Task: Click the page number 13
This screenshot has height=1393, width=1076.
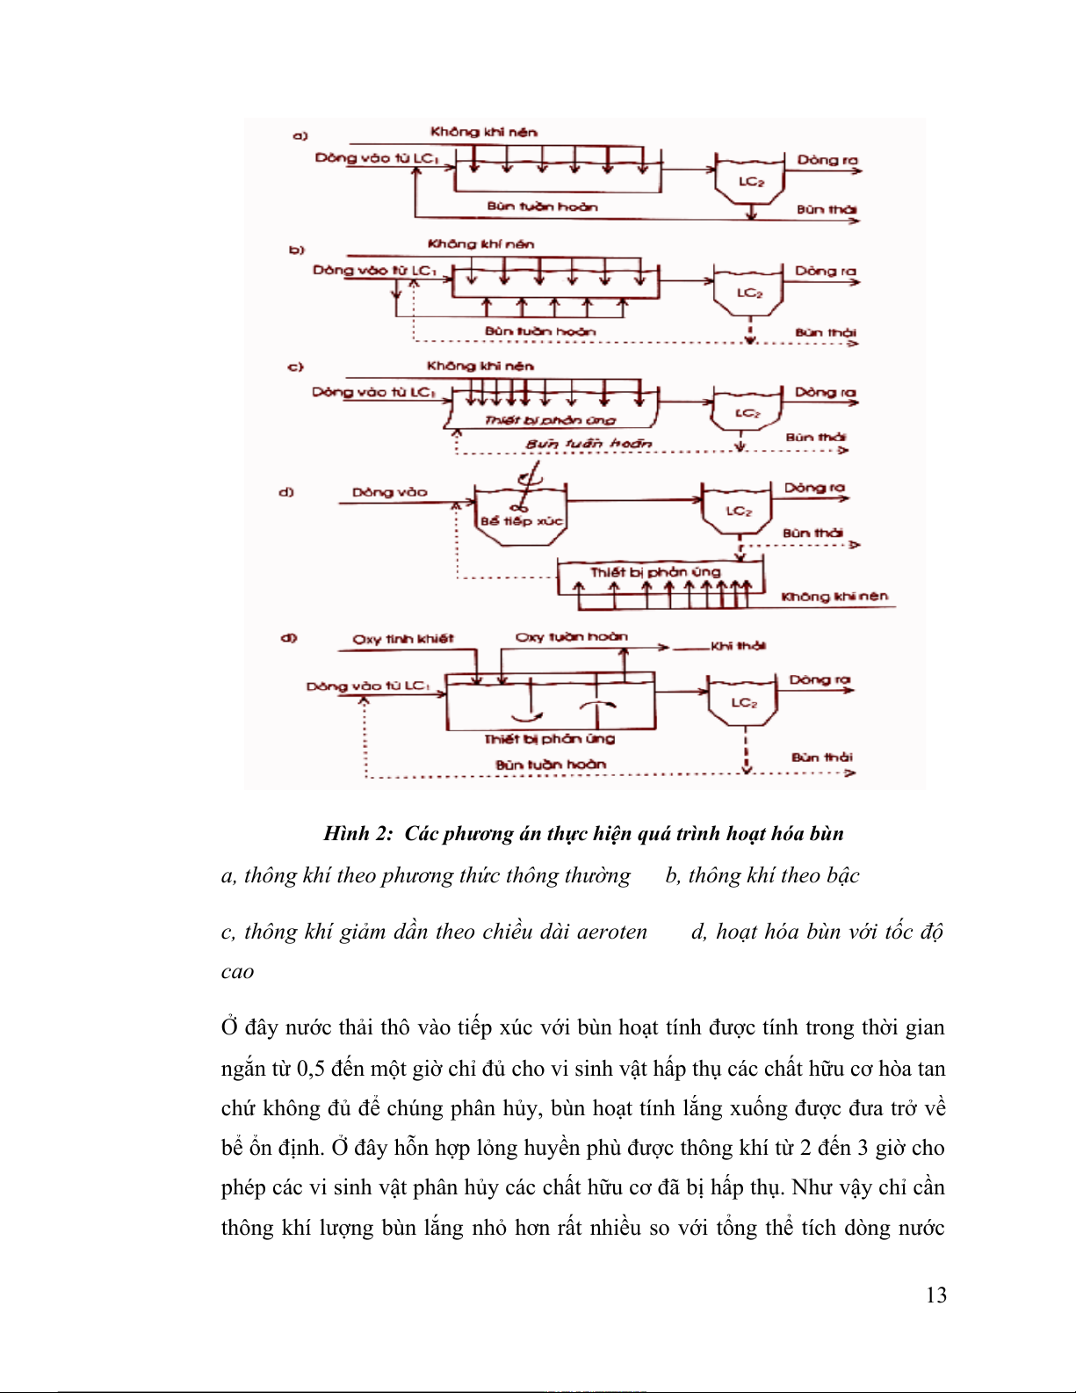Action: coord(935,1295)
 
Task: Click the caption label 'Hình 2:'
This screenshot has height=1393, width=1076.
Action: coord(357,833)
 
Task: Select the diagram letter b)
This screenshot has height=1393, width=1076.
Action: coord(297,250)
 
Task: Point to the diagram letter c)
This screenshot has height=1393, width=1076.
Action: coord(296,366)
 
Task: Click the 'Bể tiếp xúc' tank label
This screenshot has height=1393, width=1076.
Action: coord(521,521)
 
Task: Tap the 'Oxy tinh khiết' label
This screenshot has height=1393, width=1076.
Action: coord(403,639)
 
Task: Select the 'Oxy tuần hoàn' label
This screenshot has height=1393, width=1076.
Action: coord(571,636)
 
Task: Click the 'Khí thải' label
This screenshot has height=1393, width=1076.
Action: coord(738,646)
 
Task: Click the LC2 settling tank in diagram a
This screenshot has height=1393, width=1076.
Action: coord(750,181)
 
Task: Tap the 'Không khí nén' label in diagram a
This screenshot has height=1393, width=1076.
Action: coord(483,132)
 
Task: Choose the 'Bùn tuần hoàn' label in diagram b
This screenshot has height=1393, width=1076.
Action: coord(539,331)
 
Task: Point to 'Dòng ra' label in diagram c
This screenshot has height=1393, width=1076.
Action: coord(825,392)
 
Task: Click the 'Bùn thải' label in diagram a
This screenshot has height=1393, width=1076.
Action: coord(827,209)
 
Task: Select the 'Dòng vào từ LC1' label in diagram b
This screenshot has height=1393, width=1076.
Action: coord(374,270)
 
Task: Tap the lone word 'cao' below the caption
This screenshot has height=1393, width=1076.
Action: coord(237,972)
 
